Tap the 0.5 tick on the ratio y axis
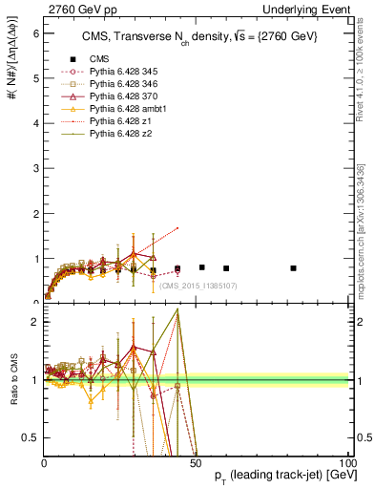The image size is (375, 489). pyautogui.click(x=31, y=437)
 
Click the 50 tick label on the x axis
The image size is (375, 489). pyautogui.click(x=196, y=463)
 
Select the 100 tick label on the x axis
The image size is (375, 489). pyautogui.click(x=345, y=463)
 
